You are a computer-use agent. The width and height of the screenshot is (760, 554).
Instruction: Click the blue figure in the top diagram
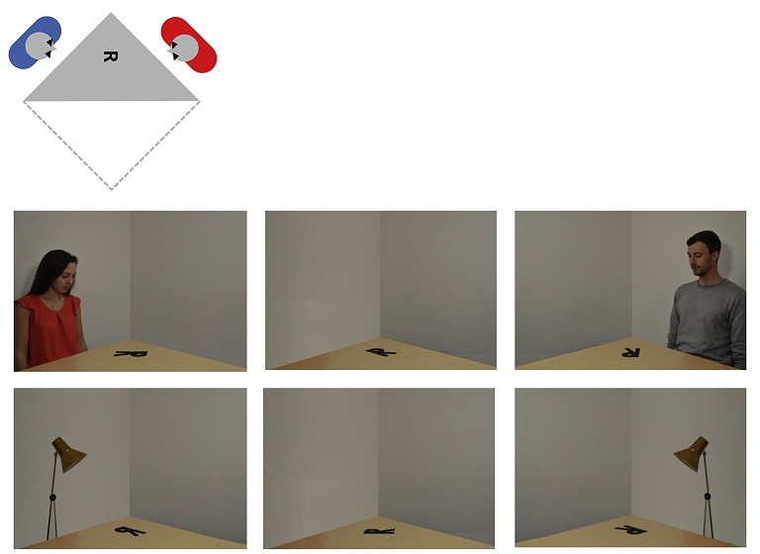click(35, 43)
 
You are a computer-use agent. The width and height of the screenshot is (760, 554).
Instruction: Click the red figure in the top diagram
click(189, 45)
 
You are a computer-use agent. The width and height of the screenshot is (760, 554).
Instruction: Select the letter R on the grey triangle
click(111, 56)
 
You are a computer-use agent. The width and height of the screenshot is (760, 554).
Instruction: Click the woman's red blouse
click(48, 327)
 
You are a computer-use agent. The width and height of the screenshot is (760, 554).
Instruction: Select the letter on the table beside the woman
click(131, 354)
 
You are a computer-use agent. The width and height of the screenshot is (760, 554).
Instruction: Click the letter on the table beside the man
click(630, 352)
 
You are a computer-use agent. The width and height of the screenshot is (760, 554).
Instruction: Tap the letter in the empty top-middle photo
click(381, 352)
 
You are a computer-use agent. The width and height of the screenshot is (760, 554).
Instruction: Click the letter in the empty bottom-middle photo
click(380, 531)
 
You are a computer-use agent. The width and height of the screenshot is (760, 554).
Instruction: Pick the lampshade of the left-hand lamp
click(69, 454)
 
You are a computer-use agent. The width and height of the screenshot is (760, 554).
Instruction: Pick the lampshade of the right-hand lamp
click(692, 453)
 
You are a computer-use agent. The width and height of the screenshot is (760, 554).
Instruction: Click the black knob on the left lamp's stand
click(52, 498)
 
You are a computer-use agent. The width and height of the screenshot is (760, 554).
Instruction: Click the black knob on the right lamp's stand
click(708, 497)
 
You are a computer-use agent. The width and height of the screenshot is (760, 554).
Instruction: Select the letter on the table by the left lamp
click(131, 531)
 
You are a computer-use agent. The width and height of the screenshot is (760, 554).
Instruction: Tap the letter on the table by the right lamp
click(631, 530)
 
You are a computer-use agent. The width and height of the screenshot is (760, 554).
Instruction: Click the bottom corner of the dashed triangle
click(112, 189)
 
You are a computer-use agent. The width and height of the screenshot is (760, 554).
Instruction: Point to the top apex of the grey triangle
click(111, 13)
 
